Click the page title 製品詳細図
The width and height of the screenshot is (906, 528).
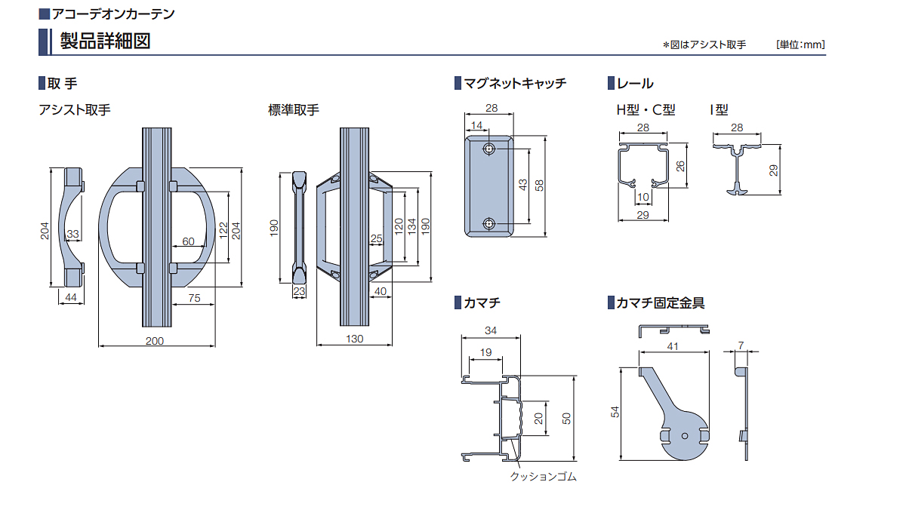tap(105, 41)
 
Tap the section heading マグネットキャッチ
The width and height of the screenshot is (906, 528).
tap(515, 84)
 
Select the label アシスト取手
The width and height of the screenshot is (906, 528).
tap(75, 109)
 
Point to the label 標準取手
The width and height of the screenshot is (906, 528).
tap(294, 109)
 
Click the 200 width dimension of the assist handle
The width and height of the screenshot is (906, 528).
tap(154, 341)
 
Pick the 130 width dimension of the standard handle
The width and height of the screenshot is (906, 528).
tap(354, 339)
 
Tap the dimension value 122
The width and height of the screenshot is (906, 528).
tap(223, 230)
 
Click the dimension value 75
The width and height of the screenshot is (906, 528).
tap(193, 299)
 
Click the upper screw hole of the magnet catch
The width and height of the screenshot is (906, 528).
tap(490, 149)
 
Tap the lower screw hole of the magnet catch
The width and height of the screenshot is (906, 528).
tap(490, 224)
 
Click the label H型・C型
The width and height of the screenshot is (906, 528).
tap(646, 109)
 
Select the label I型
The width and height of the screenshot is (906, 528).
tap(719, 109)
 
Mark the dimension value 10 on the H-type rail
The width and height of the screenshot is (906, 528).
tap(643, 198)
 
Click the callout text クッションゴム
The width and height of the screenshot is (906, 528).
tap(544, 477)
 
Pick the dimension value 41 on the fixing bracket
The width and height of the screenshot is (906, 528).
tap(673, 346)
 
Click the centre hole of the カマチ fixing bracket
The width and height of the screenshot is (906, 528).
tap(684, 436)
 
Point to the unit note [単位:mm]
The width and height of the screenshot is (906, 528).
tap(800, 45)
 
